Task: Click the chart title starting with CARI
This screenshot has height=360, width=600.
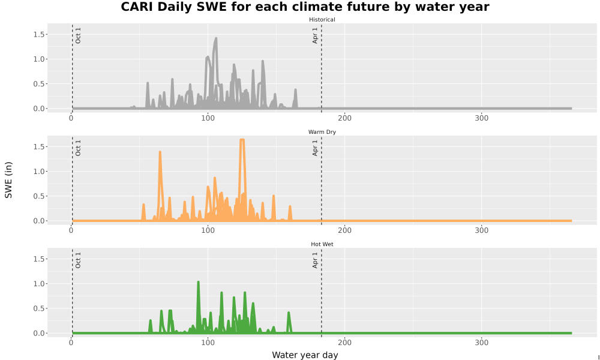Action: click(x=305, y=7)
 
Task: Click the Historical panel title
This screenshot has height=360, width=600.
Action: click(x=322, y=20)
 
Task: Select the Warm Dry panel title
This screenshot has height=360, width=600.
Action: click(x=322, y=132)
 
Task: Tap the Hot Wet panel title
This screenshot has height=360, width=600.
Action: click(x=322, y=244)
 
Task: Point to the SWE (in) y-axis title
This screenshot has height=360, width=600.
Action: click(x=8, y=180)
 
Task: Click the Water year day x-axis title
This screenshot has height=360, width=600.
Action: click(x=305, y=355)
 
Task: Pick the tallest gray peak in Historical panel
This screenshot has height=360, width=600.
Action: click(x=216, y=38)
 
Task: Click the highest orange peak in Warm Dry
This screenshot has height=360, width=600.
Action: click(x=242, y=140)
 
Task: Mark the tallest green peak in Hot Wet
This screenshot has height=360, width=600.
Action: click(x=198, y=283)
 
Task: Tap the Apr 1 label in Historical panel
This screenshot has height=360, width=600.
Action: click(x=315, y=35)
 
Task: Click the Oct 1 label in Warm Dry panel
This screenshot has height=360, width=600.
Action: click(x=78, y=148)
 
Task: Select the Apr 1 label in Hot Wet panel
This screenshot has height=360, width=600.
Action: click(x=315, y=260)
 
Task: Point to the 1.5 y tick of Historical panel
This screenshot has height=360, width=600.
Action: click(x=40, y=34)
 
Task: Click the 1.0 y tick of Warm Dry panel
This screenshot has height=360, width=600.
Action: click(x=40, y=172)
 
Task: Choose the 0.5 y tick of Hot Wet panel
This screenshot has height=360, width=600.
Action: click(x=40, y=308)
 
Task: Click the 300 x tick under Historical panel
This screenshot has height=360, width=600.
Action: click(x=481, y=118)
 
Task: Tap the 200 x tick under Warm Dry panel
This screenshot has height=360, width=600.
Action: click(x=345, y=230)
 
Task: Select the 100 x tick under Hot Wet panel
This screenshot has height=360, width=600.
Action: click(x=208, y=343)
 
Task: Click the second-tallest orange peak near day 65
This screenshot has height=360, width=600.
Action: click(x=160, y=152)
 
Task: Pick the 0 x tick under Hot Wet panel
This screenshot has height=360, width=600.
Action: click(x=71, y=343)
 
